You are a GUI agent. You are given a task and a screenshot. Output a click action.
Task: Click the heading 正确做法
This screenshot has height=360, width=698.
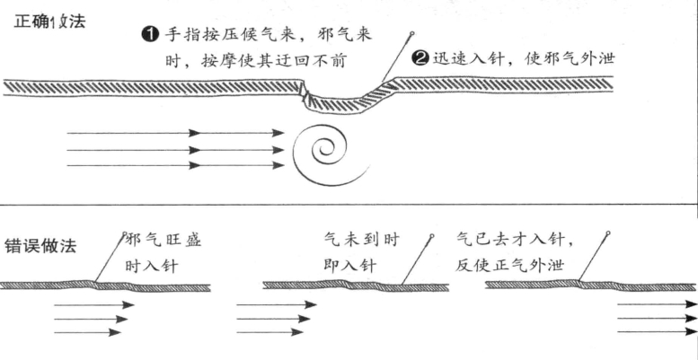(49, 22)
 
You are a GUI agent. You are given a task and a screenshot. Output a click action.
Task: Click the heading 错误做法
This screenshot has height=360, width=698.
(40, 246)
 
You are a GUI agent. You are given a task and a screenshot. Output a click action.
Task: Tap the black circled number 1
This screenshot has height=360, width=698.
(150, 34)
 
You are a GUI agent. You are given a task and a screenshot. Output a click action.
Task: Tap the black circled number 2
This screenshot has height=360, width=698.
(420, 58)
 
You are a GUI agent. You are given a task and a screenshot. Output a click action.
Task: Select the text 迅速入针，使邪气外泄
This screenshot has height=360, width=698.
(524, 58)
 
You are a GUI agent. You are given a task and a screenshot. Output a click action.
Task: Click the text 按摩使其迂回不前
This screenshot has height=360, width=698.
(273, 59)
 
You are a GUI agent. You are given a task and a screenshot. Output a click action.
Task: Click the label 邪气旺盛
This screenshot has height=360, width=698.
(164, 241)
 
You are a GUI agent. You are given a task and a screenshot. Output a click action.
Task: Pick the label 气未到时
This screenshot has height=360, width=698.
(362, 241)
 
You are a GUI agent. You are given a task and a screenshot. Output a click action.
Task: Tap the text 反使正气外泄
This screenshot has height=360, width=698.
(510, 265)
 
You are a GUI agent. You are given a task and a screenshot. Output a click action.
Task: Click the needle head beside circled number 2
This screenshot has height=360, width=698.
(411, 33)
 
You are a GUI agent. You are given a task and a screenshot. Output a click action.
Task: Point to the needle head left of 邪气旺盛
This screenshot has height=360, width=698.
(125, 234)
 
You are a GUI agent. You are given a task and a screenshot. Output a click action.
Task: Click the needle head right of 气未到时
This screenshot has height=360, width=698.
(431, 236)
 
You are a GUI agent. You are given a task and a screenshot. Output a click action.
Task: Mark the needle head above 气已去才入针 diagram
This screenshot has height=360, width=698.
(607, 233)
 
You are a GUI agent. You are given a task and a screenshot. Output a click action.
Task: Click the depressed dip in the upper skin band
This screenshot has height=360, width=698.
(343, 103)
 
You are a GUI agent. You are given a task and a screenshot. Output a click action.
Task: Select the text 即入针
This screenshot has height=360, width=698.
(350, 266)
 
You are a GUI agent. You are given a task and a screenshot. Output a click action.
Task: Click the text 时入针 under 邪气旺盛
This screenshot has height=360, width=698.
(152, 266)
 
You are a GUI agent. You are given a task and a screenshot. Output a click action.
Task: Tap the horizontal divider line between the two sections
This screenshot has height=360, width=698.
(349, 206)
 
